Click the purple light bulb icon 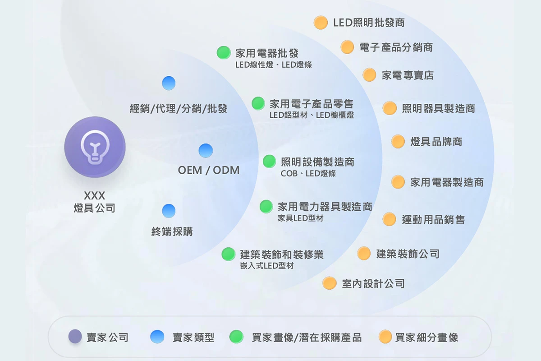pyautogui.click(x=95, y=146)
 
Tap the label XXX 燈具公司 pyautogui.click(x=95, y=202)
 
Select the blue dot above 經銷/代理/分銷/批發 pyautogui.click(x=169, y=83)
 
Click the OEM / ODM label pyautogui.click(x=209, y=171)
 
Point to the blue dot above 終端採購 pyautogui.click(x=169, y=211)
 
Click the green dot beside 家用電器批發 pyautogui.click(x=223, y=53)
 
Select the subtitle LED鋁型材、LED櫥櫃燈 pyautogui.click(x=312, y=115)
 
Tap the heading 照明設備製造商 pyautogui.click(x=317, y=162)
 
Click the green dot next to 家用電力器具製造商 pyautogui.click(x=266, y=207)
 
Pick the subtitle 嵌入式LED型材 pyautogui.click(x=267, y=266)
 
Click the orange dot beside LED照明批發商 pyautogui.click(x=321, y=23)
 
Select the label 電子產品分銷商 pyautogui.click(x=396, y=47)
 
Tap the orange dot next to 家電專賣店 pyautogui.click(x=369, y=75)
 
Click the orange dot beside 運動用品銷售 pyautogui.click(x=389, y=219)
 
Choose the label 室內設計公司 pyautogui.click(x=373, y=283)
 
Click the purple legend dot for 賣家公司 pyautogui.click(x=75, y=337)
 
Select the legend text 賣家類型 pyautogui.click(x=193, y=337)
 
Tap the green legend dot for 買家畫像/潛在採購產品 pyautogui.click(x=236, y=337)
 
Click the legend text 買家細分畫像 pyautogui.click(x=426, y=337)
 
